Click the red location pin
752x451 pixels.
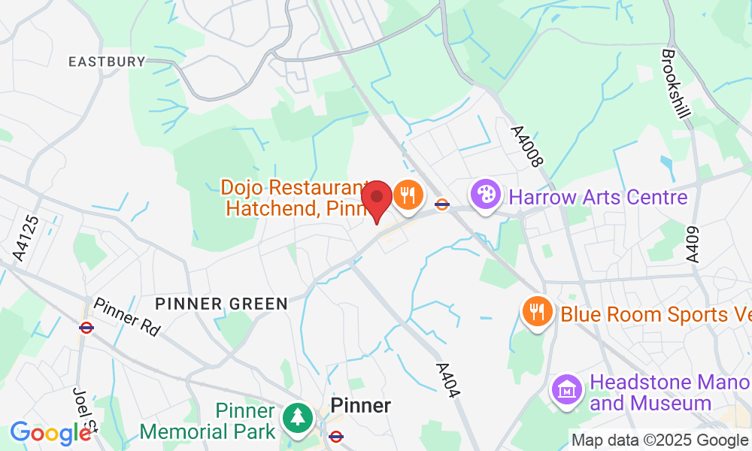pyautogui.click(x=377, y=198)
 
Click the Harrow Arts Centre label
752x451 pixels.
pyautogui.click(x=598, y=198)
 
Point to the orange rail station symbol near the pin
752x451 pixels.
pyautogui.click(x=442, y=203)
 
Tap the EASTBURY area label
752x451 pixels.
pyautogui.click(x=106, y=62)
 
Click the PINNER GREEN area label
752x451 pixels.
pyautogui.click(x=222, y=304)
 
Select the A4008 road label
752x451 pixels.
pyautogui.click(x=526, y=146)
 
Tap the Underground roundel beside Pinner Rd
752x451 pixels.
pyautogui.click(x=86, y=327)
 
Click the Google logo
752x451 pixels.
pyautogui.click(x=50, y=433)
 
